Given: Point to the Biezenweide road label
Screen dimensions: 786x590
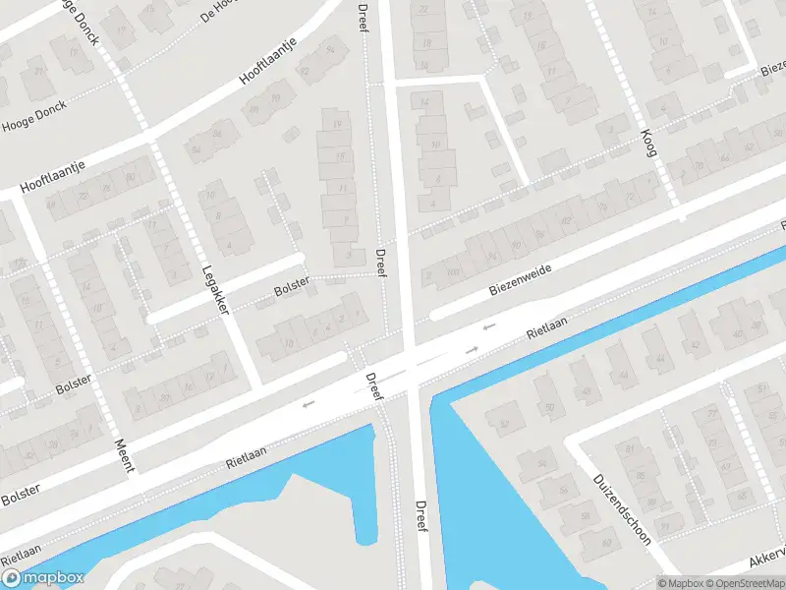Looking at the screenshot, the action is pyautogui.click(x=520, y=279).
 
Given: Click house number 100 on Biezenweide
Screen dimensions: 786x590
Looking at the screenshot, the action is pyautogui.click(x=452, y=271).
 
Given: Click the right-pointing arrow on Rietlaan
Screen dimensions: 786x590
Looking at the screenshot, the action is pyautogui.click(x=472, y=350).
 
